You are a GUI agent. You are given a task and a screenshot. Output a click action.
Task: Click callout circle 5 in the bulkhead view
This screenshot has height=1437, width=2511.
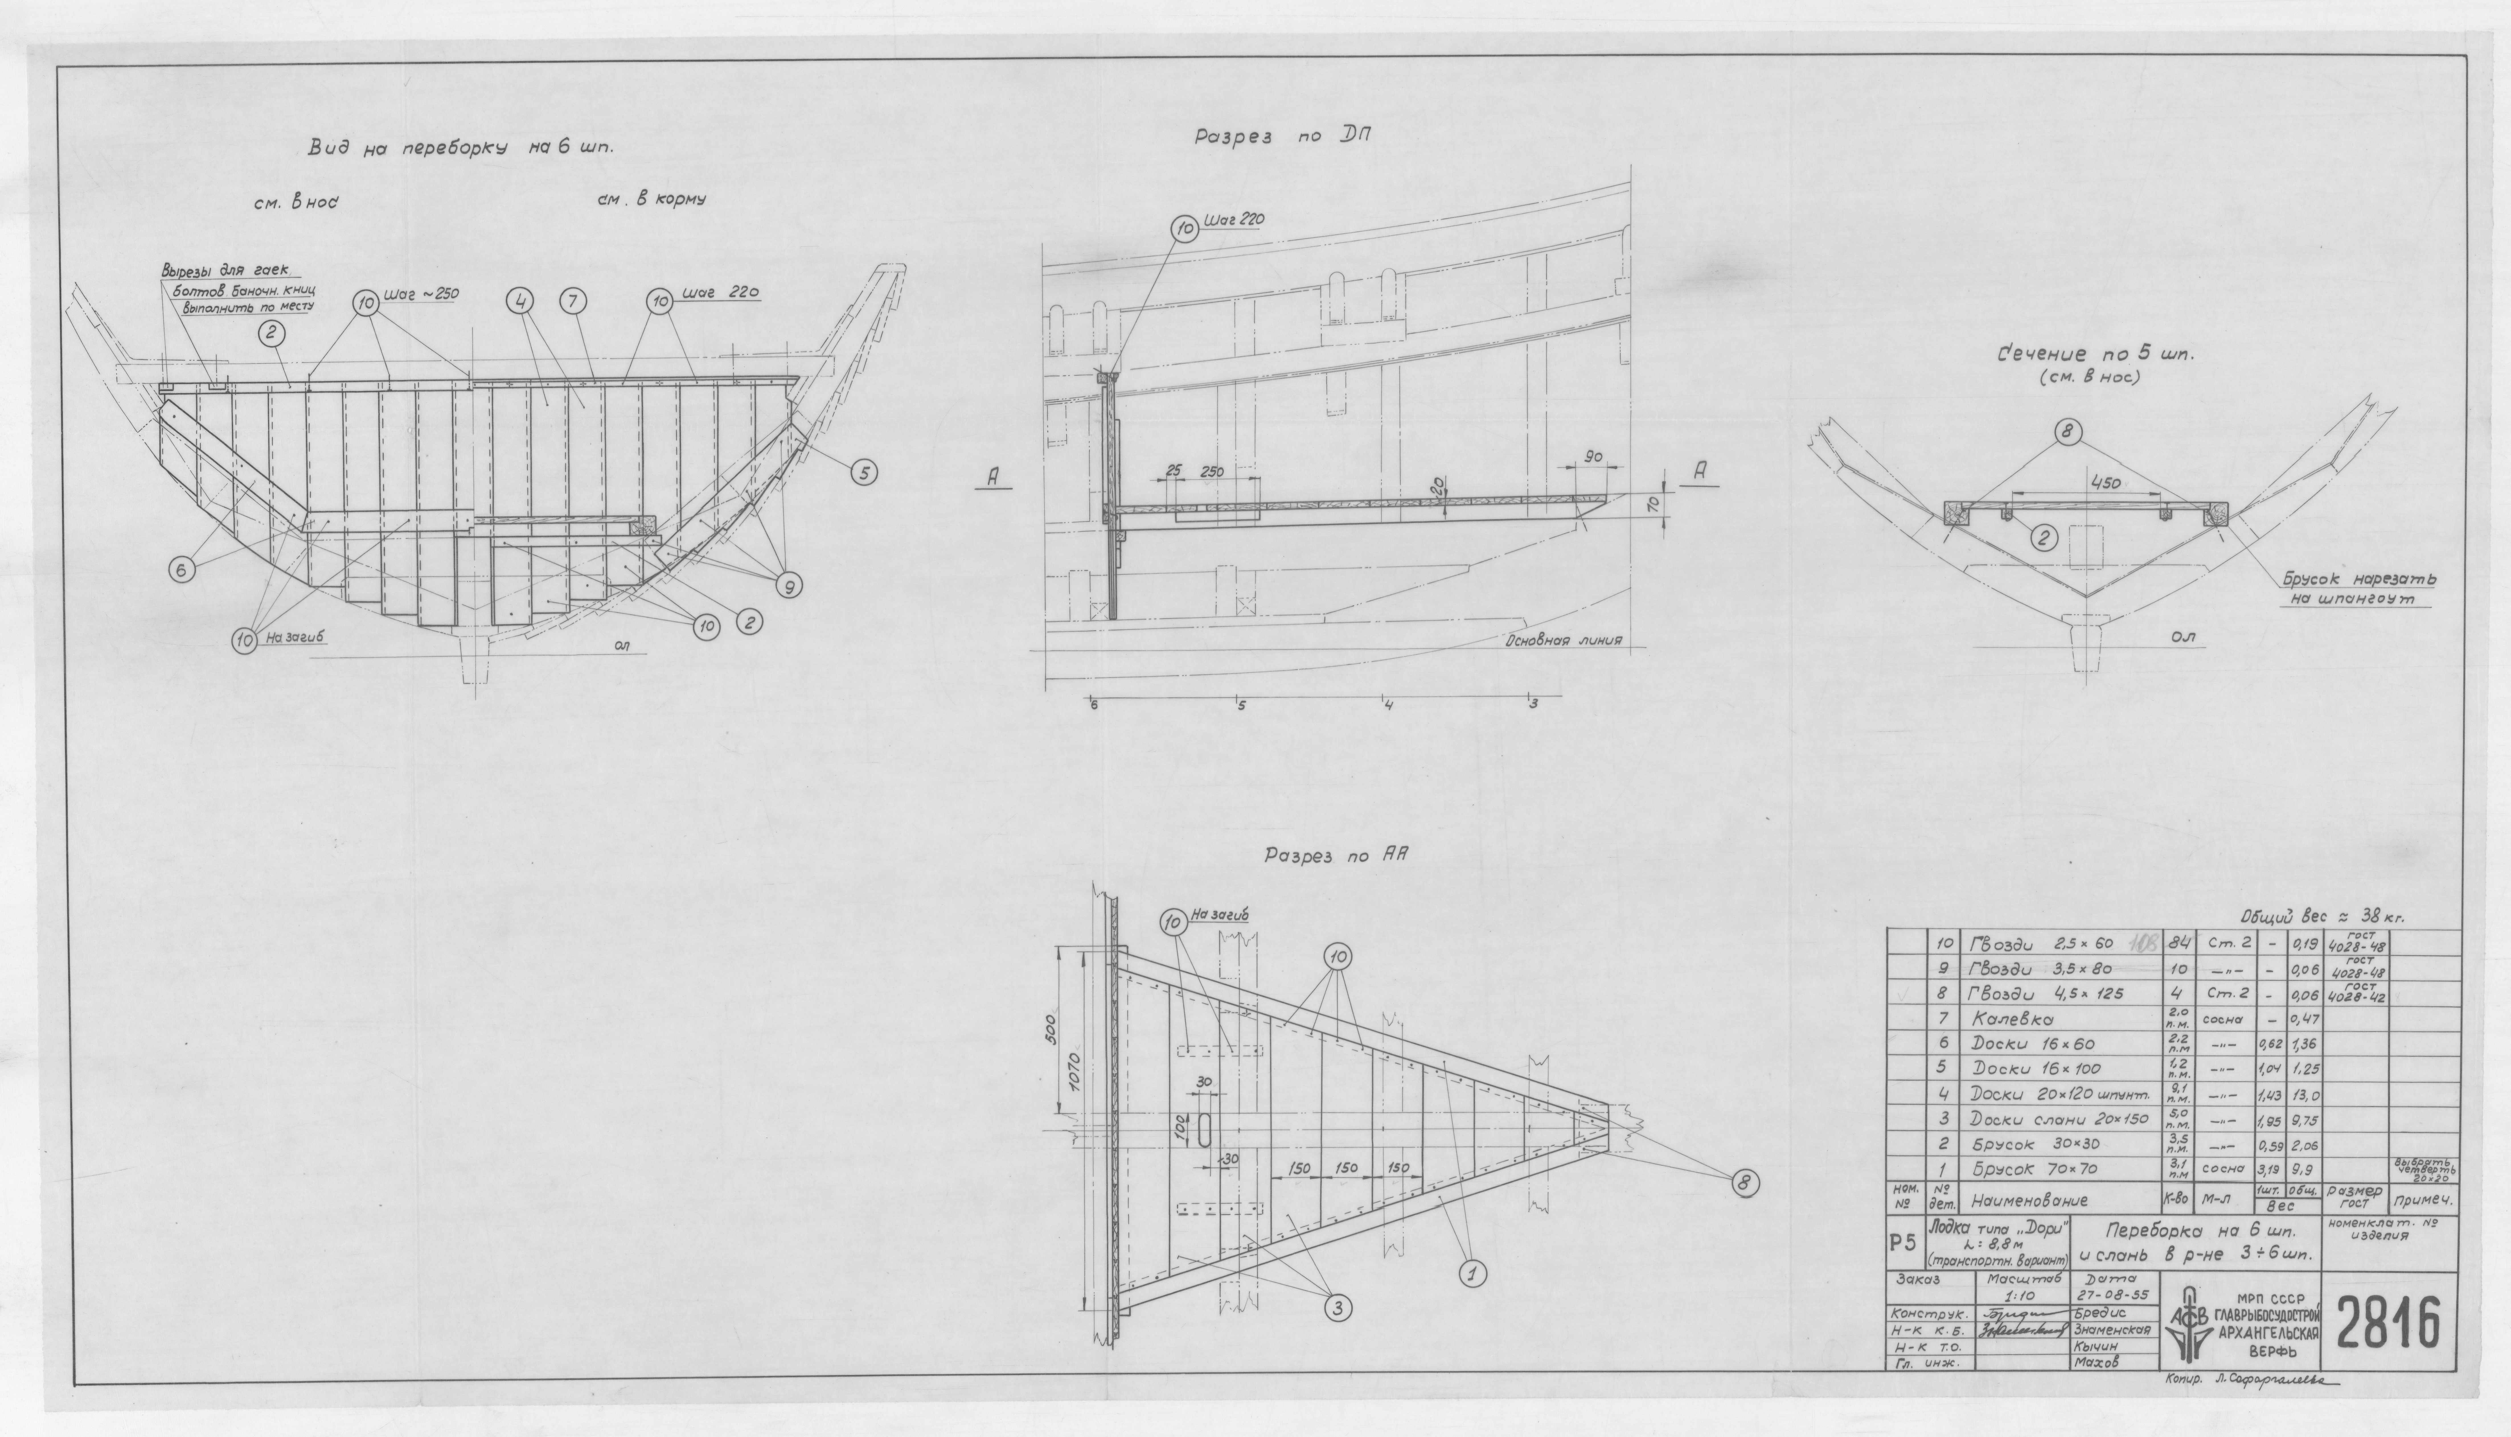pyautogui.click(x=864, y=474)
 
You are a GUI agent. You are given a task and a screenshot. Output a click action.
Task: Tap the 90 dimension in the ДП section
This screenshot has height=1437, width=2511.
pyautogui.click(x=1591, y=458)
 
